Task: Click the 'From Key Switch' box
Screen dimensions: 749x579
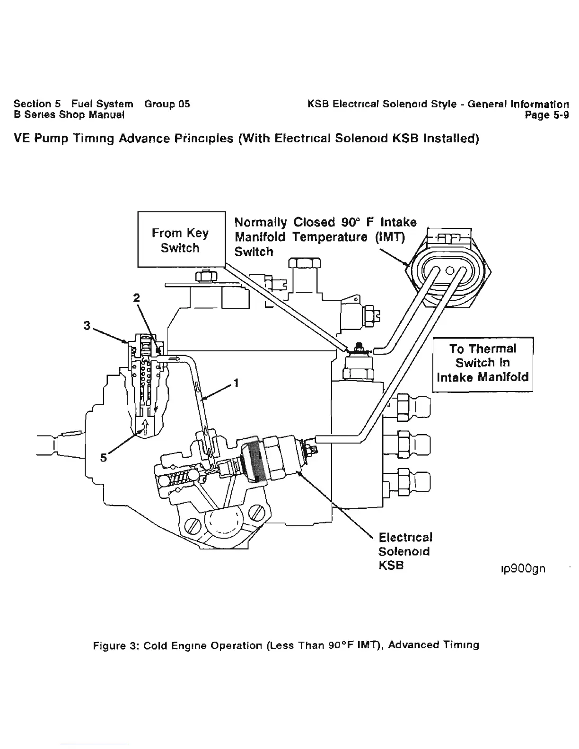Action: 180,240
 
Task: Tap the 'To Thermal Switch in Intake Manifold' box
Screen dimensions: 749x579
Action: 483,363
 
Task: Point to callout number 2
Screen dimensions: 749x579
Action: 136,297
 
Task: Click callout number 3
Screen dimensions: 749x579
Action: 87,326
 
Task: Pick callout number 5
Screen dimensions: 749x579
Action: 104,458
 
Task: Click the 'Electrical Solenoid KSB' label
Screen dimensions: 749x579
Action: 405,551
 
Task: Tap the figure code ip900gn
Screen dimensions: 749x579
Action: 519,568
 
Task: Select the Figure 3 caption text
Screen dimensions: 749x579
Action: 286,645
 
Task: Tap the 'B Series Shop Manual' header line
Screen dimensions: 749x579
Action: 69,115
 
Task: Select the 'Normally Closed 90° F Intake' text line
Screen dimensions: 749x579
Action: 325,222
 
